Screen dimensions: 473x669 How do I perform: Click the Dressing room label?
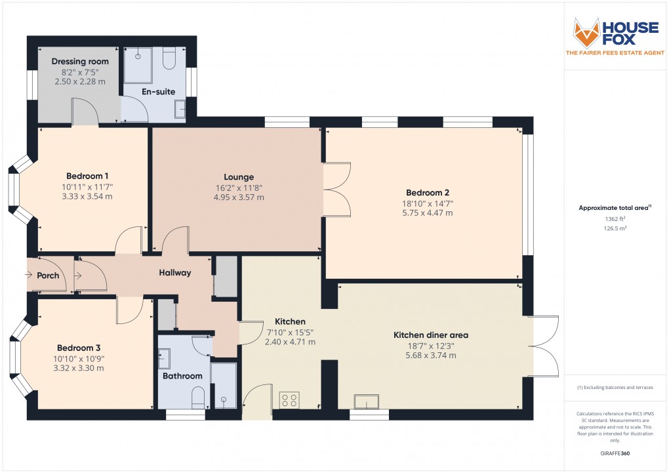(x=80, y=62)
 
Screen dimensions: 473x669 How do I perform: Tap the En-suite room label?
(x=159, y=92)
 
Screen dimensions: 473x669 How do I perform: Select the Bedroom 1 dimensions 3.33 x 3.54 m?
(x=87, y=196)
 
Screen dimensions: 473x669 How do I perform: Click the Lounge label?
(x=238, y=177)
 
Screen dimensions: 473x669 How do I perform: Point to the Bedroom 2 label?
(x=428, y=193)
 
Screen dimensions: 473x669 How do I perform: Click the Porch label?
(x=48, y=276)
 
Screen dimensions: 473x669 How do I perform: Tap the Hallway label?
(x=174, y=273)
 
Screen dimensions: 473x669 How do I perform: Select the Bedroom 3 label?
(x=78, y=348)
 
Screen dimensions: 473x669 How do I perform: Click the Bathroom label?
(x=182, y=376)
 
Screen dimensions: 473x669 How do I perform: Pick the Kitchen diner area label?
(x=430, y=335)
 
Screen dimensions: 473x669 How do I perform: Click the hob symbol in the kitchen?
(x=289, y=400)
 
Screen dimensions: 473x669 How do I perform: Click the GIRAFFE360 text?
(x=615, y=453)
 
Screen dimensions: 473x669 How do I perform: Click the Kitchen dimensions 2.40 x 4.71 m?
(x=290, y=342)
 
